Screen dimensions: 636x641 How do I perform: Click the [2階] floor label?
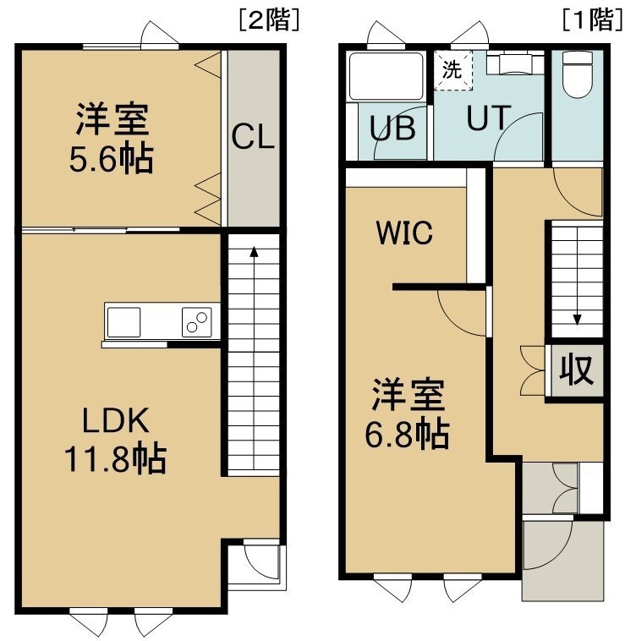point(269,20)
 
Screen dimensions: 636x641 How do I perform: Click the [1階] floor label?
point(592,20)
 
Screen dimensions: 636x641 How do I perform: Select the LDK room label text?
point(116,420)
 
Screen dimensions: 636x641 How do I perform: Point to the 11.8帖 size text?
point(116,458)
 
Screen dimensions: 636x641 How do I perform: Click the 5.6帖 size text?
point(111,159)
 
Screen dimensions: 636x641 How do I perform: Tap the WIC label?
point(404,233)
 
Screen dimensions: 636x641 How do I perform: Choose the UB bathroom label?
point(392,128)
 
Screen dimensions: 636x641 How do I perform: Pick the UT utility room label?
point(489,118)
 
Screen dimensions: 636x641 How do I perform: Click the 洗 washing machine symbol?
point(452,70)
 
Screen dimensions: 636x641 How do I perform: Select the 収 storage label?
point(576,370)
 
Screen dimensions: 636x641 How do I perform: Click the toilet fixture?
point(578,74)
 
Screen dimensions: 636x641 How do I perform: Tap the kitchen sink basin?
point(123,322)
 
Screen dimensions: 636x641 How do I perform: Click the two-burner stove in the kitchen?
point(196,322)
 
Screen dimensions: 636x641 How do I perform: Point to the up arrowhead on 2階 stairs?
point(254,251)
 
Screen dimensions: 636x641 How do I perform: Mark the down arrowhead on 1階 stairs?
point(577,320)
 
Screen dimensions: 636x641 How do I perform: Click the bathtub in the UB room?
point(386,76)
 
